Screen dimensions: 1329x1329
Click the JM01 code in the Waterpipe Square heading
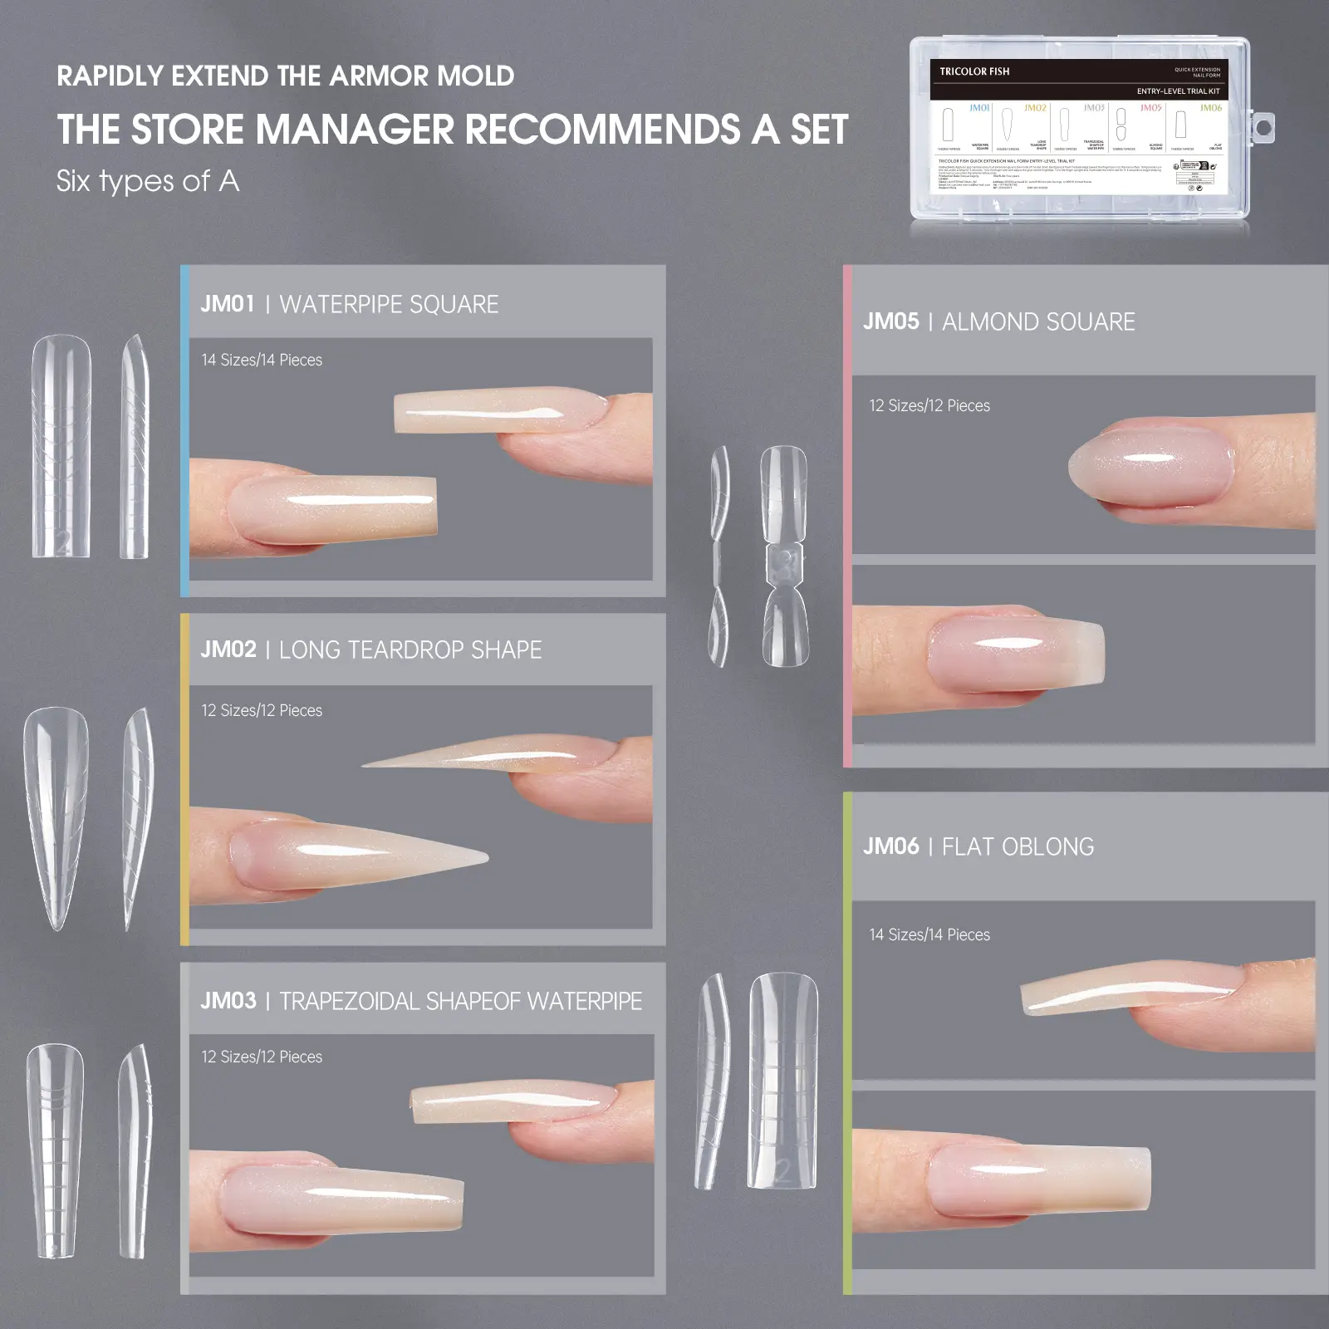[227, 304]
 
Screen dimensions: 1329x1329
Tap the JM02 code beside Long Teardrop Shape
[228, 650]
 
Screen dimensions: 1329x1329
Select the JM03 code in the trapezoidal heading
[228, 1001]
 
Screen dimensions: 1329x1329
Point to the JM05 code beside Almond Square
[890, 321]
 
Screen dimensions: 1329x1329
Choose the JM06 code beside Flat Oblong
[890, 846]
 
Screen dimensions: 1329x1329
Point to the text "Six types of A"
[148, 181]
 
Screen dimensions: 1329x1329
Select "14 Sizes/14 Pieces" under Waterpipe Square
[262, 360]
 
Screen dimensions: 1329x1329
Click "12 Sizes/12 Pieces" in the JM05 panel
[929, 405]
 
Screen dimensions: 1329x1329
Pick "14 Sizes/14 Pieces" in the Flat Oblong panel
[929, 934]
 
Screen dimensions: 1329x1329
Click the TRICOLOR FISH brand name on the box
[974, 71]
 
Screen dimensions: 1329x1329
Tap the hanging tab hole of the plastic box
[1263, 129]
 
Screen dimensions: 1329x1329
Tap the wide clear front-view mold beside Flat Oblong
[783, 1080]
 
